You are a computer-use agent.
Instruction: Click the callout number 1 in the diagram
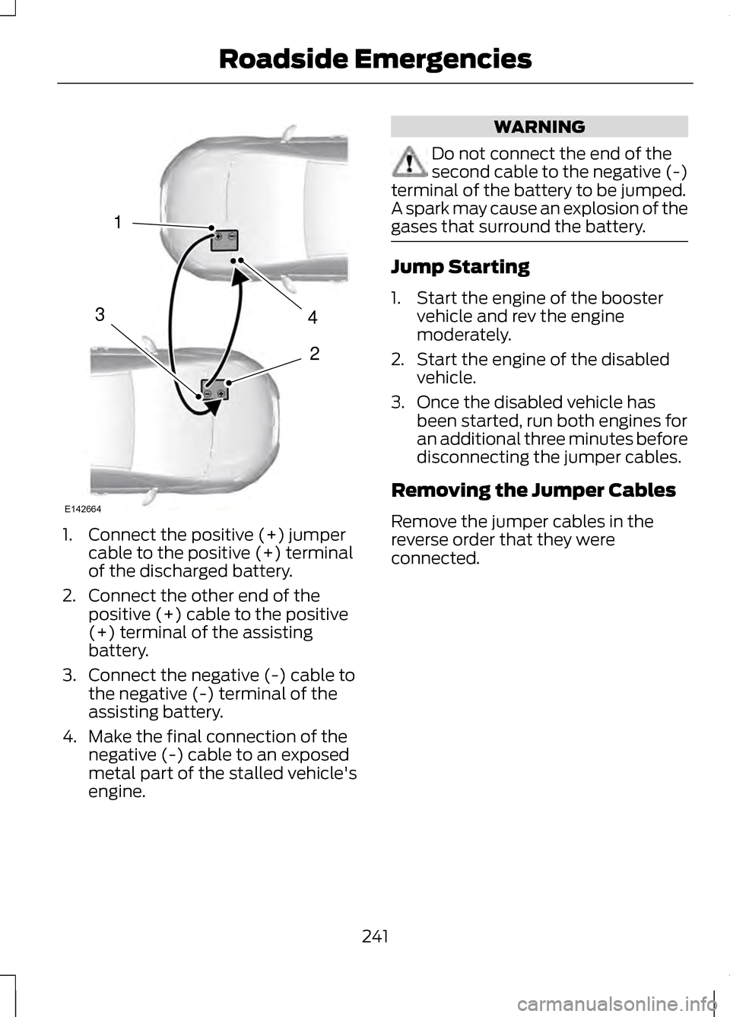click(118, 222)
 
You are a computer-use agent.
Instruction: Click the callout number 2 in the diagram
click(314, 353)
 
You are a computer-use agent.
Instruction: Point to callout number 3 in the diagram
click(100, 313)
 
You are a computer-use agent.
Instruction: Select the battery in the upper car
click(224, 239)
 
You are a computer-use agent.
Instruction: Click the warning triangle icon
click(408, 162)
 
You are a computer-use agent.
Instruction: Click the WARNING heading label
click(539, 126)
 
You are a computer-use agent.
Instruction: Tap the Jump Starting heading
click(460, 267)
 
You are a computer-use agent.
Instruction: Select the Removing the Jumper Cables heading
click(533, 490)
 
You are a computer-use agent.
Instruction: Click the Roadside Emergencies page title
click(375, 59)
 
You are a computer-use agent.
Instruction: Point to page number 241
click(375, 936)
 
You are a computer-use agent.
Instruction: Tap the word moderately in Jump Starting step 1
click(463, 335)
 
